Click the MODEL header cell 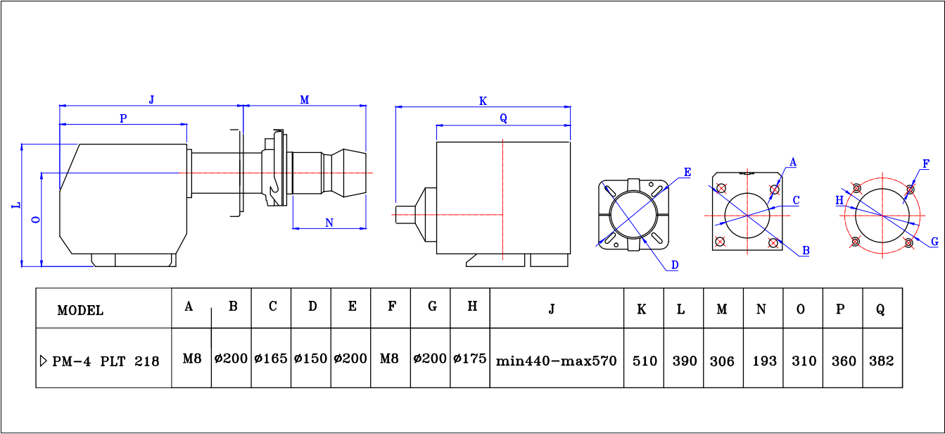[80, 310]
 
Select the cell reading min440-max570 [556, 361]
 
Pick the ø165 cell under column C [271, 359]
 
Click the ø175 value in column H [470, 359]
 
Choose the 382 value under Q [881, 361]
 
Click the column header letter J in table [552, 308]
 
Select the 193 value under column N [764, 361]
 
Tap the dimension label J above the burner [151, 99]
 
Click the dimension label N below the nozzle [329, 223]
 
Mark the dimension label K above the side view [483, 101]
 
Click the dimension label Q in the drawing [503, 118]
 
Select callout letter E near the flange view [687, 172]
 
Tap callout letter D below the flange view [673, 265]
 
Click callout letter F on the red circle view [926, 163]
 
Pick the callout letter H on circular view [839, 200]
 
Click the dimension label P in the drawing [123, 118]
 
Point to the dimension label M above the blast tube [305, 100]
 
